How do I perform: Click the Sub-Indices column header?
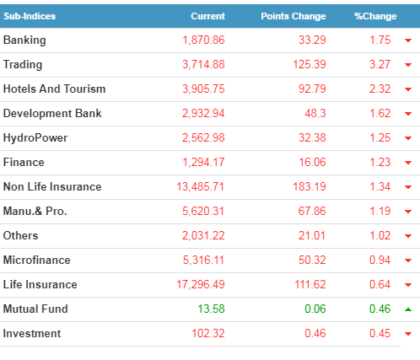[30, 16]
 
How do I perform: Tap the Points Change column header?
[293, 16]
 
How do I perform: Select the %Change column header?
[375, 16]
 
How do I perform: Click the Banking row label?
[24, 40]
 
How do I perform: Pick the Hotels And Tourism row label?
[55, 89]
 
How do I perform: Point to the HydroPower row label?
[35, 137]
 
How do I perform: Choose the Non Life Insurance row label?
[52, 186]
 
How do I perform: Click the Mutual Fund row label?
[35, 309]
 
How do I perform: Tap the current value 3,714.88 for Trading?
[203, 64]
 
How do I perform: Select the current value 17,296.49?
[201, 284]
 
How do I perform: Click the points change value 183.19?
[310, 186]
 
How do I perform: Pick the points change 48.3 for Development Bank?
[315, 113]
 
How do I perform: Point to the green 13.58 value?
[212, 309]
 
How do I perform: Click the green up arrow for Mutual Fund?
[408, 309]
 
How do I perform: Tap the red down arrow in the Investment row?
[408, 334]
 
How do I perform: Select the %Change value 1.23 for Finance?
[380, 162]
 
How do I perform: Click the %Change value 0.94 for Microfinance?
[380, 260]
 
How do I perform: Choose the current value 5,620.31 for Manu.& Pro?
[203, 211]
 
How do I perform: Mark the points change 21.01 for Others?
[312, 235]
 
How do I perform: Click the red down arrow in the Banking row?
[408, 40]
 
